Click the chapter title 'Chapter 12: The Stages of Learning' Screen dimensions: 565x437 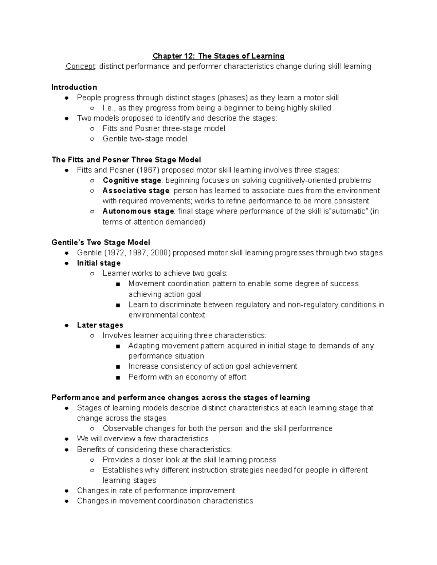click(218, 56)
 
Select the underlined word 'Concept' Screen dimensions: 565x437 click(80, 67)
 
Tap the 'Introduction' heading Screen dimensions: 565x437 click(74, 87)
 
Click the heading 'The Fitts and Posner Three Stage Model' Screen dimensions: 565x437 click(126, 160)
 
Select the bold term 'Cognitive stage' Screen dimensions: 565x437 click(132, 180)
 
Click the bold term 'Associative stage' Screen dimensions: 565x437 click(135, 191)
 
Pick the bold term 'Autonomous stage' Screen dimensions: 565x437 click(138, 211)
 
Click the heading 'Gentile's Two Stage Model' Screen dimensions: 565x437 click(101, 243)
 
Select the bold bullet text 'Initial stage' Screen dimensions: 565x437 click(99, 263)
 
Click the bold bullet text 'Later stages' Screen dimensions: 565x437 click(100, 325)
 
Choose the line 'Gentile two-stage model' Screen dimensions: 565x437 click(145, 139)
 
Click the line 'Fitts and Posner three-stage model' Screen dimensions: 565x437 click(164, 128)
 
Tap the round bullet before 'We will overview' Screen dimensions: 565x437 click(66, 439)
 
